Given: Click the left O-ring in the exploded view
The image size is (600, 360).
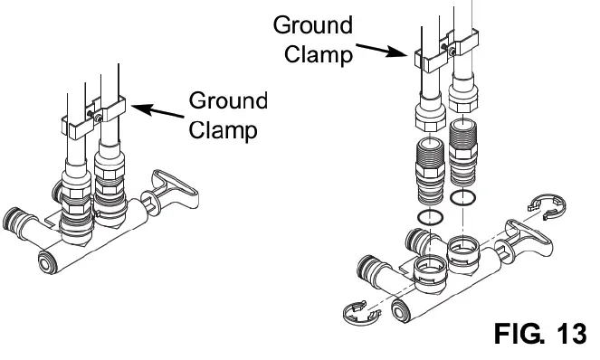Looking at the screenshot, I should click(x=429, y=217).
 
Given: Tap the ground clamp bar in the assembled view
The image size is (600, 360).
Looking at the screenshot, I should click(x=90, y=119).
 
